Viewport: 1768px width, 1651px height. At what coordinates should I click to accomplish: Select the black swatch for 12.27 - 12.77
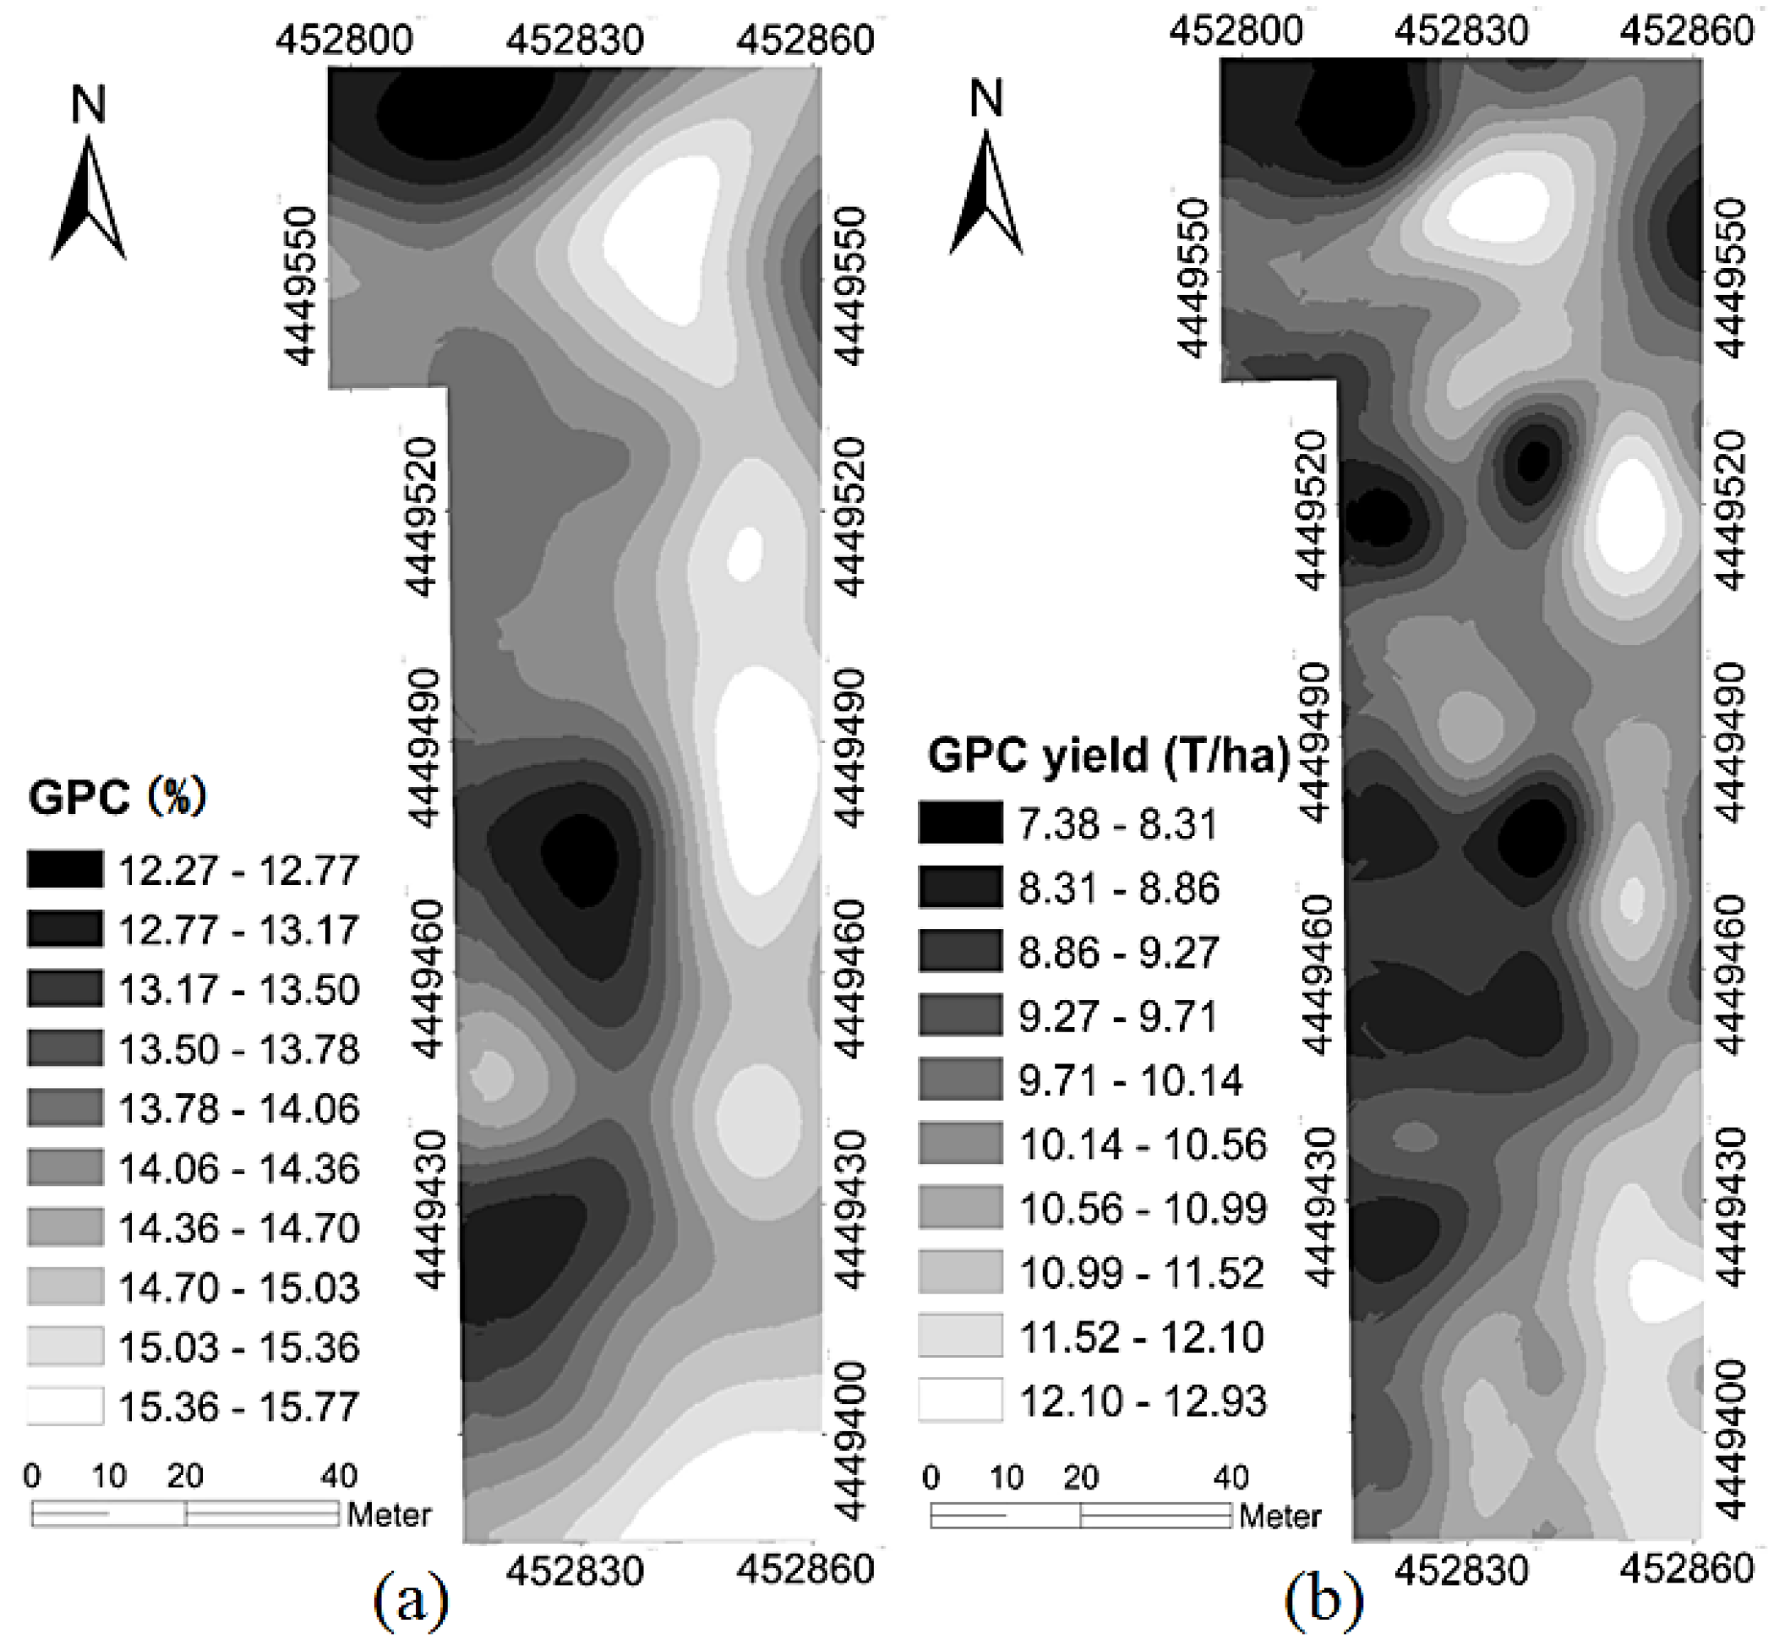pos(65,869)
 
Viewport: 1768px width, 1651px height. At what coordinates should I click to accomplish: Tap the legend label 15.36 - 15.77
pos(238,1407)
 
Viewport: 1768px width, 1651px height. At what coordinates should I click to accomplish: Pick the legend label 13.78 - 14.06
pos(238,1108)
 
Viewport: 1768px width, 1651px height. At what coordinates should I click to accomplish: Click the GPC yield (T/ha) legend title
pos(1108,756)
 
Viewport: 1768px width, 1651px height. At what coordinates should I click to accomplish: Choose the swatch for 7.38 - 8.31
pos(960,822)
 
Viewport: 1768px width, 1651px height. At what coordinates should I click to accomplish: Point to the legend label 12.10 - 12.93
pos(1142,1401)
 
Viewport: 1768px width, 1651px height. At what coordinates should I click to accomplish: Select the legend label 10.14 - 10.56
pos(1142,1144)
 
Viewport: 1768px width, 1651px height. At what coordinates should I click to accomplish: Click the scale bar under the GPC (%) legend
pos(185,1513)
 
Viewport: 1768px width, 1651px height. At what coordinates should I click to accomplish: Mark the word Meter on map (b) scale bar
pos(1280,1515)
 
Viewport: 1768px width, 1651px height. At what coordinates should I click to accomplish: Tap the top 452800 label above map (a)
pos(344,40)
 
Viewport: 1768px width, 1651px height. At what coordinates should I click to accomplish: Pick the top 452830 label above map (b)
pos(1461,32)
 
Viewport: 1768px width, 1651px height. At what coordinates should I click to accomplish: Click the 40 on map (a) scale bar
pos(339,1476)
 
